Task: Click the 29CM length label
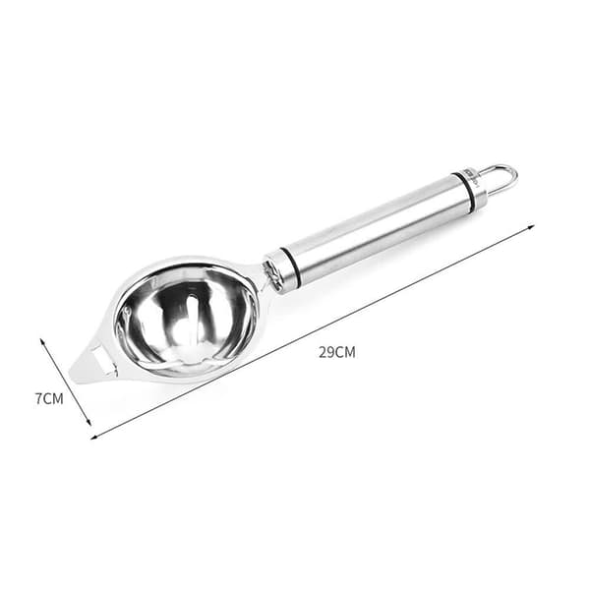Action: pos(336,353)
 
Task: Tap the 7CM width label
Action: pos(49,398)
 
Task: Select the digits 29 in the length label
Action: pos(325,353)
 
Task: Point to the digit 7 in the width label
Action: pos(38,398)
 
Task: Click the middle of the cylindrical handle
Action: pos(377,228)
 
